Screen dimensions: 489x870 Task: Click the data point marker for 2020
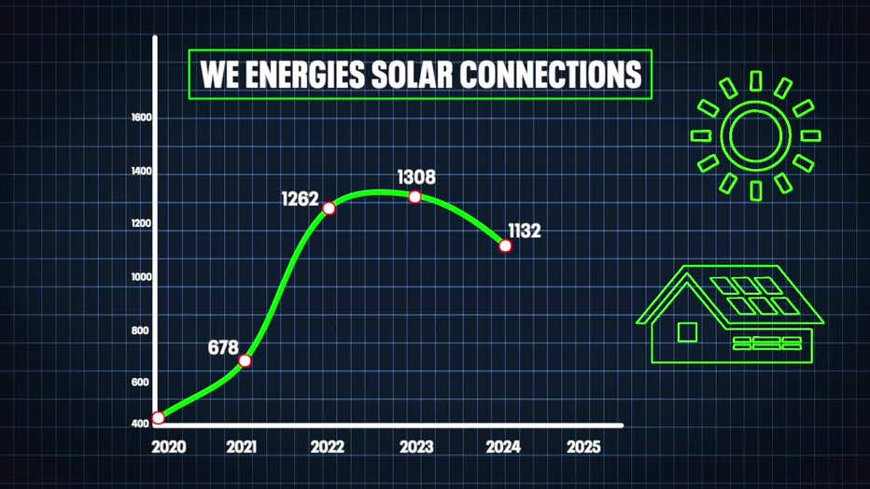pos(159,417)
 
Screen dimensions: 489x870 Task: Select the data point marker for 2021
pos(246,360)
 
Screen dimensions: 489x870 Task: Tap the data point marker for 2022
pos(329,207)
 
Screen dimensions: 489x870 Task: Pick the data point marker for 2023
pos(414,196)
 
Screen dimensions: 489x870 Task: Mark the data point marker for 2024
pos(505,245)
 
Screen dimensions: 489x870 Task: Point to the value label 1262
pos(301,199)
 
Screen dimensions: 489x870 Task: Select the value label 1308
pos(416,176)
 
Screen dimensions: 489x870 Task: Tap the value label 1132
pos(525,231)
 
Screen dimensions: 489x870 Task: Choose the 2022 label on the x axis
pos(327,446)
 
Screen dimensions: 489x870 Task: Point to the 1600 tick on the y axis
pos(142,119)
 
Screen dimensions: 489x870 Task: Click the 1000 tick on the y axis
pos(142,277)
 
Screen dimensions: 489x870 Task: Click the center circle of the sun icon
pos(756,135)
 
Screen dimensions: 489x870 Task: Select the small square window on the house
pos(687,331)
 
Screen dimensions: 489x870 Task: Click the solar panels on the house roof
pos(755,295)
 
